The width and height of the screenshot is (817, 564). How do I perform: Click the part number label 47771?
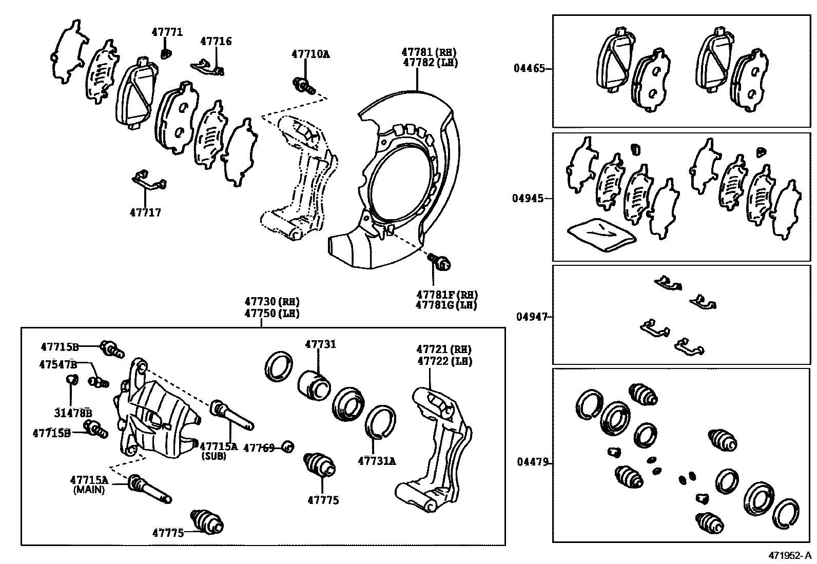(x=167, y=32)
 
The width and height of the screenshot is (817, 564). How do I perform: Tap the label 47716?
(x=216, y=42)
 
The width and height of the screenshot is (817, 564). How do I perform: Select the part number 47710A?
(x=310, y=53)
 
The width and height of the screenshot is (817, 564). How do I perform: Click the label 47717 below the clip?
(x=145, y=212)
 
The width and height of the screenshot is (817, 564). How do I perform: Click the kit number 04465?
(x=530, y=68)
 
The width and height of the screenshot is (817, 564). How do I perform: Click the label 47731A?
(x=377, y=460)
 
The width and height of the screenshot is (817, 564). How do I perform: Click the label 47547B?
(x=57, y=364)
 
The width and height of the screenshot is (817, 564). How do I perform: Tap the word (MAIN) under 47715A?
(x=89, y=490)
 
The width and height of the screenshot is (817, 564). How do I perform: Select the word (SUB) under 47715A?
(x=214, y=456)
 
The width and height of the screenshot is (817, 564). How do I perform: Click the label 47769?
(x=259, y=448)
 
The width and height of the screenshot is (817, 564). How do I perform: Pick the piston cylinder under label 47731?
(x=315, y=384)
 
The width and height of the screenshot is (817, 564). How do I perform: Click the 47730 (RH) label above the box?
(x=271, y=302)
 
